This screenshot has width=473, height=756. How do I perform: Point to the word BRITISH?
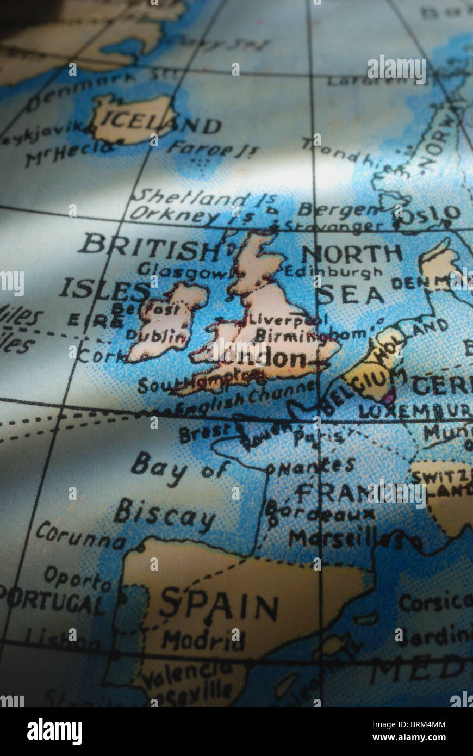click(148, 246)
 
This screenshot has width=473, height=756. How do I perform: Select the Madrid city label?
click(203, 640)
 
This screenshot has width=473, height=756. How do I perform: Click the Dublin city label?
click(156, 336)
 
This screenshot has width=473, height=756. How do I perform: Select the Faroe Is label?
click(213, 148)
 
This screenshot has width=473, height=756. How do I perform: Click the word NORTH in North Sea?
click(351, 253)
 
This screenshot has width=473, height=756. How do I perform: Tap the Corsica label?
click(434, 602)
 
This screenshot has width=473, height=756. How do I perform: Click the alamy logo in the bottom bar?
click(54, 732)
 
